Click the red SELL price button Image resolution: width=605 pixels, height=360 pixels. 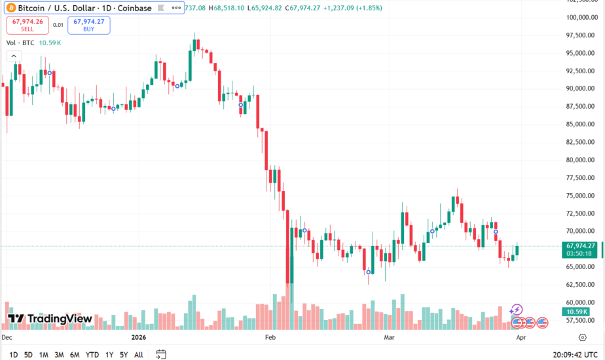[x=27, y=25]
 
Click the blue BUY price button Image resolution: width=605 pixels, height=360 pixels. [x=88, y=25]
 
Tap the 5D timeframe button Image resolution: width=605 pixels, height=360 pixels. [x=28, y=355]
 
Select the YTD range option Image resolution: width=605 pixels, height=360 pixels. [x=92, y=355]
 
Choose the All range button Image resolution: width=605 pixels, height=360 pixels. [x=138, y=355]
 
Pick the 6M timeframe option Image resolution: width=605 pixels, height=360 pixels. [x=75, y=355]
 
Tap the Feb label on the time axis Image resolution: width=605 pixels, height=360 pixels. [x=269, y=338]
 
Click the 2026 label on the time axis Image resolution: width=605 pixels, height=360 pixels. [x=139, y=338]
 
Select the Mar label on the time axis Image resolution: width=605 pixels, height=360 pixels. [x=390, y=338]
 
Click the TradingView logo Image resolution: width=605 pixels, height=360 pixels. [x=50, y=319]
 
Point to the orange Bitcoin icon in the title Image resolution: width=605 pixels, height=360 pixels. [x=12, y=8]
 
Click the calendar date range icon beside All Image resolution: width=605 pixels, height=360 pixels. [x=160, y=355]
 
